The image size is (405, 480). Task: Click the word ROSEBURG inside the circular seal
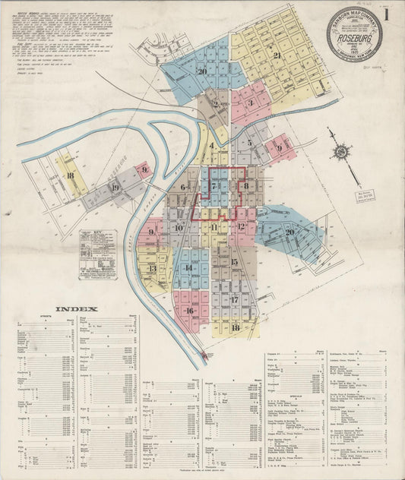coord(354,34)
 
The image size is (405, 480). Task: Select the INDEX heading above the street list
coord(75,308)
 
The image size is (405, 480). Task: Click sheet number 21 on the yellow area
coord(277,55)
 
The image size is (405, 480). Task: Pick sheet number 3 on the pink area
coord(250,103)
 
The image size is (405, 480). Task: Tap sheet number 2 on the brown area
coord(216,105)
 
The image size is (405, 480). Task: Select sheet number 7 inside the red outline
coord(215,185)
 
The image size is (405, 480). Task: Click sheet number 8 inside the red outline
coord(246,185)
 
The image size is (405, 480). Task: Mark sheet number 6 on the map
coord(182,187)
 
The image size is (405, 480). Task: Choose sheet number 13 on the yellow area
coord(152,267)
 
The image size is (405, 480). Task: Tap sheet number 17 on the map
coord(234,299)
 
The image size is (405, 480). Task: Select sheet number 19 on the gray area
coord(115,188)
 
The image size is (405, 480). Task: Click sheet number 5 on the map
coord(248,142)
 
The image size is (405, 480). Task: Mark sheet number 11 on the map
coord(214,227)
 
